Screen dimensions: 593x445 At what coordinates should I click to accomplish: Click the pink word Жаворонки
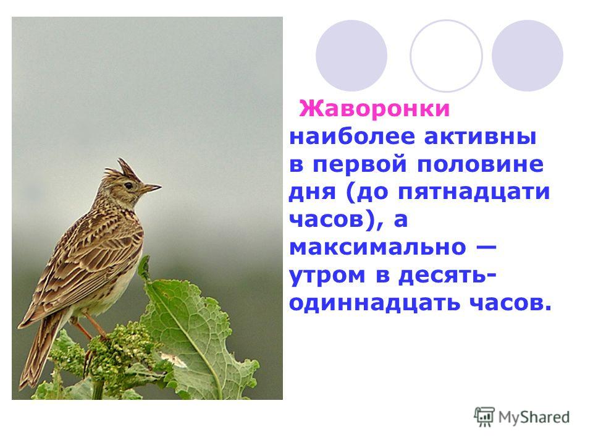pyautogui.click(x=374, y=109)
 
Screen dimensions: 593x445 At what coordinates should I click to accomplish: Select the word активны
pyautogui.click(x=480, y=137)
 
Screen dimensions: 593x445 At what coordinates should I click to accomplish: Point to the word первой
pyautogui.click(x=360, y=164)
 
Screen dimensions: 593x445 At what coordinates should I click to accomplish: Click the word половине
pyautogui.click(x=481, y=164)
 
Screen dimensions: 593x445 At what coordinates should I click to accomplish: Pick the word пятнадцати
pyautogui.click(x=474, y=192)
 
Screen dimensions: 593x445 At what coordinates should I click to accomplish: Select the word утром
pyautogui.click(x=327, y=276)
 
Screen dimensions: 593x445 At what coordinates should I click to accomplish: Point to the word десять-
pyautogui.click(x=447, y=276)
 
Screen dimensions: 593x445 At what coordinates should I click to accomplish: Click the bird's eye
pyautogui.click(x=128, y=185)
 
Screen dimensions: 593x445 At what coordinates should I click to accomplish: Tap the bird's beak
pyautogui.click(x=151, y=188)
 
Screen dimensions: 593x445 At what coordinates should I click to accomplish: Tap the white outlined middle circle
pyautogui.click(x=446, y=56)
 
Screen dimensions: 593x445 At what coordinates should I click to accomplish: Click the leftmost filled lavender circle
pyautogui.click(x=351, y=56)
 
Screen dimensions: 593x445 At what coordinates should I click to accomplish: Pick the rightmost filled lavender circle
pyautogui.click(x=527, y=56)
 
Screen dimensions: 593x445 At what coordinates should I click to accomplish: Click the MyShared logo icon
pyautogui.click(x=484, y=417)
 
